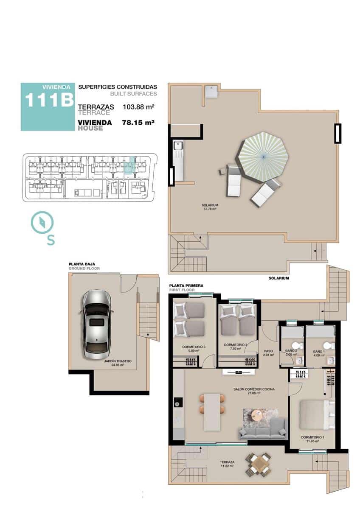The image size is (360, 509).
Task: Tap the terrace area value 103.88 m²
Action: coord(138,107)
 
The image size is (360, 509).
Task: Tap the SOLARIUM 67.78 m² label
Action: coord(210,207)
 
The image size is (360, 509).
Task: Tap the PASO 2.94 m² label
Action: coord(268,353)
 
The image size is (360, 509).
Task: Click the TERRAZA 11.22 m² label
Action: coord(227,464)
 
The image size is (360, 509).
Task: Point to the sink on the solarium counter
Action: coord(177,147)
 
